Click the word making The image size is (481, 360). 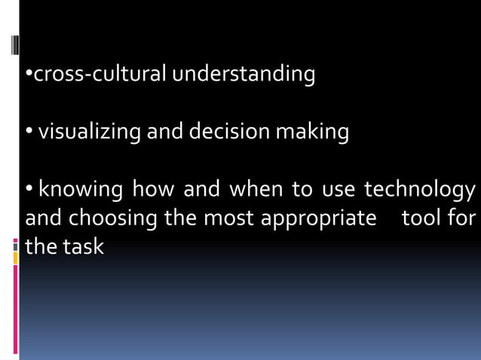click(311, 133)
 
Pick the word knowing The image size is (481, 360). click(81, 189)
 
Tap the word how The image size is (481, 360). click(153, 189)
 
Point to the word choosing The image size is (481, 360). click(113, 218)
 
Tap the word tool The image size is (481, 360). click(421, 218)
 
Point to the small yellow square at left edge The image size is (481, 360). click(15, 258)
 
